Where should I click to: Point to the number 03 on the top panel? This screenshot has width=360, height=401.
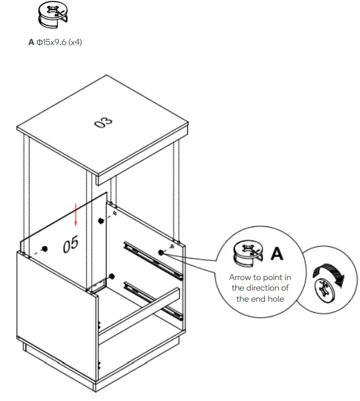103,123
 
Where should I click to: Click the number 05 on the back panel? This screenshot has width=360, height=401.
71,244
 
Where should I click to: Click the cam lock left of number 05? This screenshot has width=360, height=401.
45,249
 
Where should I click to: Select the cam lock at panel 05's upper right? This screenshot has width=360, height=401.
101,220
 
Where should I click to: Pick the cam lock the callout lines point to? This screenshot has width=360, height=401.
162,252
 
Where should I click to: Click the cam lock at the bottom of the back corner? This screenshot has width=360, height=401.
111,275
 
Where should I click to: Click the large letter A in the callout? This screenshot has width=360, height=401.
277,253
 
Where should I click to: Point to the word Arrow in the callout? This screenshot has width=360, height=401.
241,278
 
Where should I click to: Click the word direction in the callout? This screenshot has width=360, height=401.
260,288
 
